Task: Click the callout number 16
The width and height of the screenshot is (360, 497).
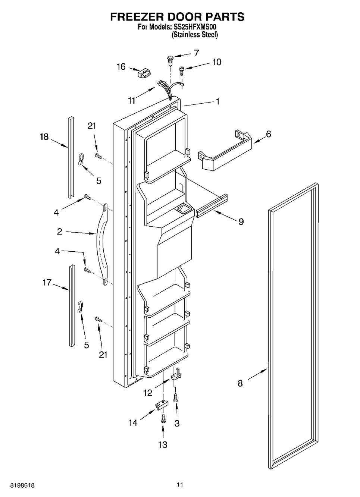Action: pyautogui.click(x=121, y=67)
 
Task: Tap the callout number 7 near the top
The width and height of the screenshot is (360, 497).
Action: pyautogui.click(x=197, y=53)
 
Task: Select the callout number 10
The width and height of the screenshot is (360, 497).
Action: pyautogui.click(x=217, y=62)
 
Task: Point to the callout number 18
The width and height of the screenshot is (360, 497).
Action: pyautogui.click(x=44, y=137)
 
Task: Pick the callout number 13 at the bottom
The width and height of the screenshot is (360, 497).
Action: pyautogui.click(x=163, y=444)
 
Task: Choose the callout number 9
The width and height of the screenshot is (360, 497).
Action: pyautogui.click(x=241, y=222)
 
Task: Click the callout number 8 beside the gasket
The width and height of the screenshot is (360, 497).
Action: pyautogui.click(x=240, y=383)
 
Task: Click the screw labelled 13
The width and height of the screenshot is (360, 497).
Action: pyautogui.click(x=163, y=419)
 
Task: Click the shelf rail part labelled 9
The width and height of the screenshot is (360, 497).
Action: pyautogui.click(x=212, y=207)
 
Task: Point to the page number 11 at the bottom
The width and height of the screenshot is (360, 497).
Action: pyautogui.click(x=180, y=485)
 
